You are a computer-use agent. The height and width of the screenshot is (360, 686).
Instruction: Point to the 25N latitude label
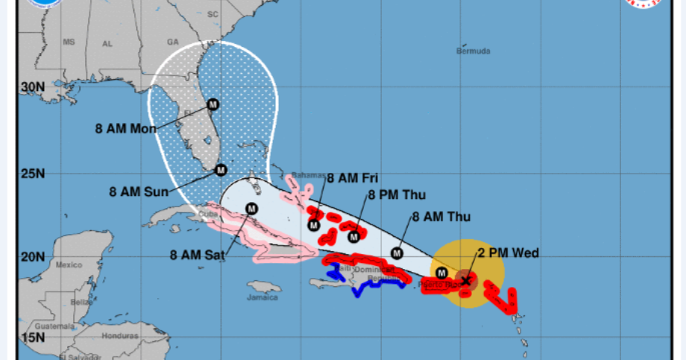tap(32, 174)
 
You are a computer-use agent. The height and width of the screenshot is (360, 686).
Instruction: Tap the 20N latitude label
tap(32, 257)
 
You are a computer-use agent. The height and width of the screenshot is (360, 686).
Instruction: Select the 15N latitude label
tap(32, 338)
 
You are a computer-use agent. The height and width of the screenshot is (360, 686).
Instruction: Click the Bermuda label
tap(473, 51)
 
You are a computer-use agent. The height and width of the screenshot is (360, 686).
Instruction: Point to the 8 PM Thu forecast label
tap(396, 195)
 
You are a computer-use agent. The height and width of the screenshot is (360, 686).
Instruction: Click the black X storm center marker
tap(467, 280)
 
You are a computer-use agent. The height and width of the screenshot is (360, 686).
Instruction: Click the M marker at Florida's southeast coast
tap(221, 170)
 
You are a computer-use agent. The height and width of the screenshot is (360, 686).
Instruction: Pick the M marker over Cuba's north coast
tap(251, 209)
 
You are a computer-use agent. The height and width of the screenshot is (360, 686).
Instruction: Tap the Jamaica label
tap(262, 297)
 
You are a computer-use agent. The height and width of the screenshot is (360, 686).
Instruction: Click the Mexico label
tap(69, 265)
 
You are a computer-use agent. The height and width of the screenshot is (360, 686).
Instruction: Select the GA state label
tap(174, 42)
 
